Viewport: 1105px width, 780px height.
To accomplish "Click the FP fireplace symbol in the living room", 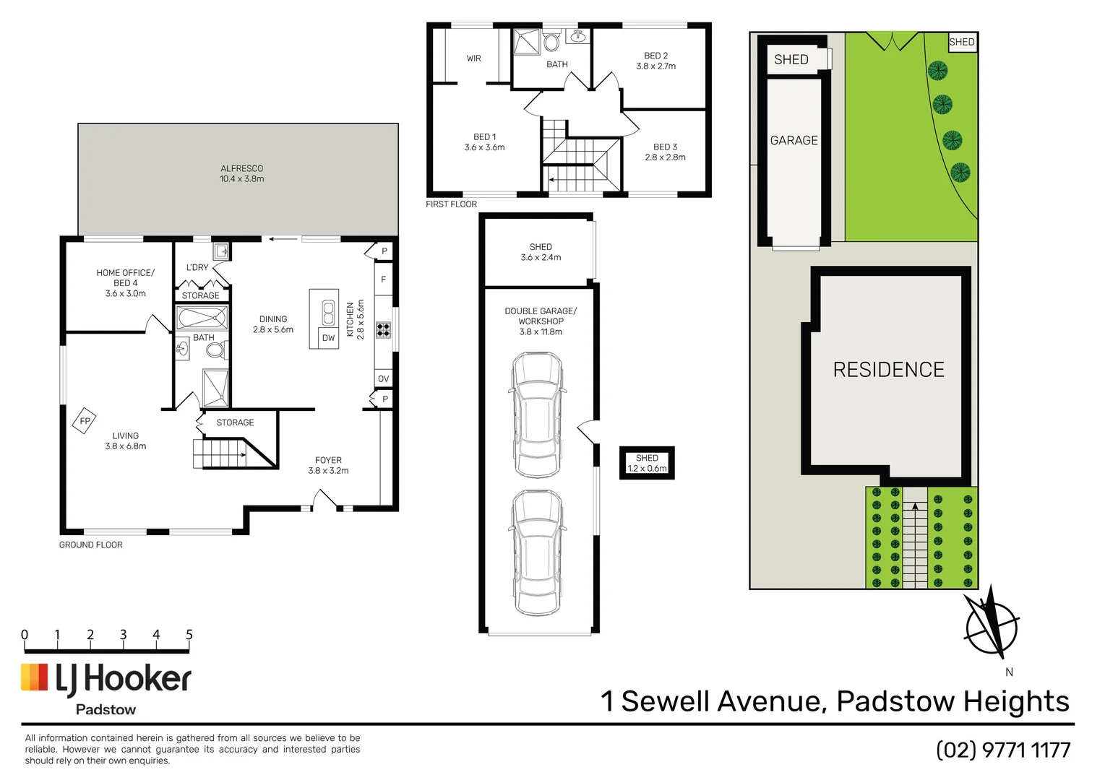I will coord(85,421).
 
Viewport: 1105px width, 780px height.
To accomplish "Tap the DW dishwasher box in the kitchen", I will coord(329,337).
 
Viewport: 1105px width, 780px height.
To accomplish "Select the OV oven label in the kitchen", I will coord(383,378).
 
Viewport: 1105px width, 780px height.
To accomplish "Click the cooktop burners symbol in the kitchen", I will coord(383,330).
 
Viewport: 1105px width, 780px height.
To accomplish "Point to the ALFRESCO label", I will coord(242,173).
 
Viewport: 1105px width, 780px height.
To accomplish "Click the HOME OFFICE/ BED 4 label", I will coord(125,282).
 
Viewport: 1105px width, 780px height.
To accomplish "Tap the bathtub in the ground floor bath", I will coord(202,318).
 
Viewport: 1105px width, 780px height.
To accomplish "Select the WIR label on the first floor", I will coord(473,58).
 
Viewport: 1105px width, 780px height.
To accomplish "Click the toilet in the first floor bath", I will coord(551,42).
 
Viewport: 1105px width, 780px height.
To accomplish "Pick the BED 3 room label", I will coord(665,152).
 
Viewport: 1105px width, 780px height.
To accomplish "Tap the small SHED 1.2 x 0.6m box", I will coord(647,463).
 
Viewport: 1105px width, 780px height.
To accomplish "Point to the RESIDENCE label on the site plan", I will coord(888,370).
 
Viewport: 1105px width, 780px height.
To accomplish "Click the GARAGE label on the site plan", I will coord(794,140).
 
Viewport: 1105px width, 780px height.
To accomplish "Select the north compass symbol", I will coord(992,623).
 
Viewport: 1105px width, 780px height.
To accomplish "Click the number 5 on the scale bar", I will coord(189,635).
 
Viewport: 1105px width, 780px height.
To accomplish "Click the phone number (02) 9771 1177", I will coord(1003,750).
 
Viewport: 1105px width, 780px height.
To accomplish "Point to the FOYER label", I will coord(328,465).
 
